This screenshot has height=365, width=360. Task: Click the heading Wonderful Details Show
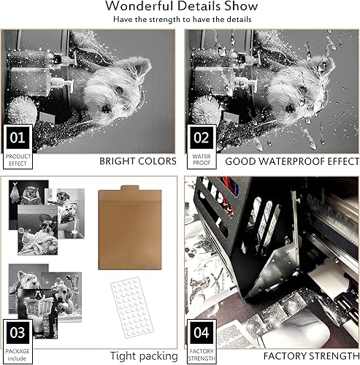click(180, 7)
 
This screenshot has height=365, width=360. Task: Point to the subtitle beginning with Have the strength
click(180, 20)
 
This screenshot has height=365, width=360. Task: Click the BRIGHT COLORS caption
click(137, 161)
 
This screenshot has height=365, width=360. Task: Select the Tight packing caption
click(144, 356)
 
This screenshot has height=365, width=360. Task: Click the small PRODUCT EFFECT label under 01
click(18, 159)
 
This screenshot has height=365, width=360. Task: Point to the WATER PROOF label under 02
click(201, 159)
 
